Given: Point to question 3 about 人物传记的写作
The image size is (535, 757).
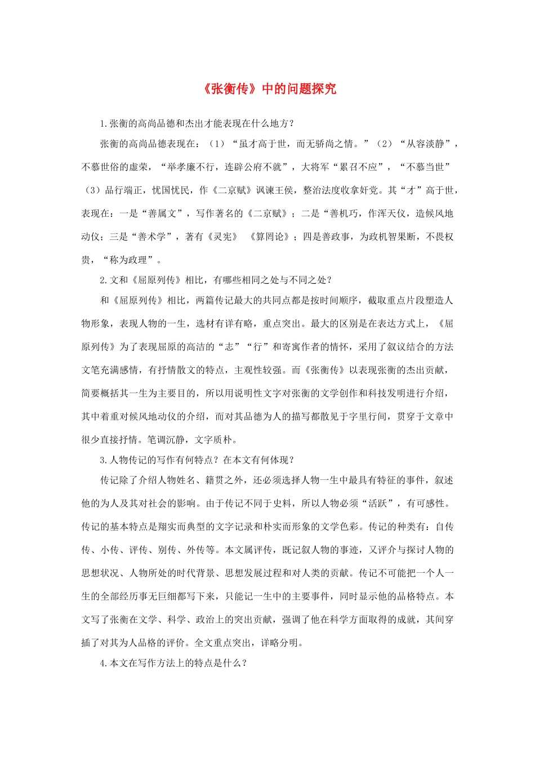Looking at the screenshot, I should (x=197, y=460).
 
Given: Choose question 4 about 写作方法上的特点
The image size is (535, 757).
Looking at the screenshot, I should (x=173, y=663).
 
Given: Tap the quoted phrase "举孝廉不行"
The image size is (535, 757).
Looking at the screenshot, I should (x=186, y=167).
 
